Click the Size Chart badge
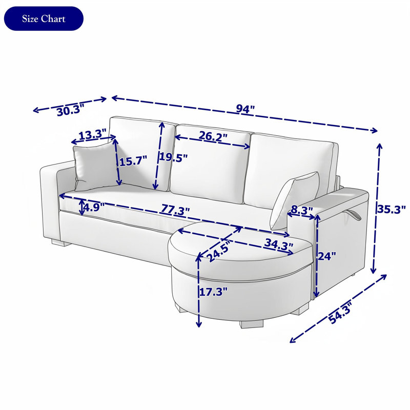point(44,18)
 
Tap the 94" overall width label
point(245,109)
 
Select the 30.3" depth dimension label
point(71,110)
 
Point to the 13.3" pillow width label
point(92,135)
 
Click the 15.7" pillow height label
point(133,161)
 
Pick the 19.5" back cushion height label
point(174,157)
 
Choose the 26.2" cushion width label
point(213,136)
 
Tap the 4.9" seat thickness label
point(94,207)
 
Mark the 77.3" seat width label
point(175,210)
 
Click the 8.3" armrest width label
point(302,210)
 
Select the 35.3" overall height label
point(391,209)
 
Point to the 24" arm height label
point(326,256)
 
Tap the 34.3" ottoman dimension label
point(278,244)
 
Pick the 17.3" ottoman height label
point(213,292)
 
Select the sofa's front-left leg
point(61,242)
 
